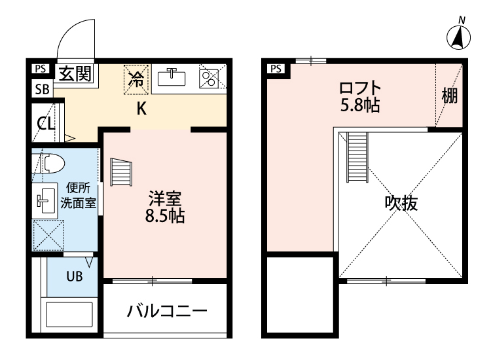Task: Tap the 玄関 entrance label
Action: pyautogui.click(x=75, y=73)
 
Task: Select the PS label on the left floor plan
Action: pyautogui.click(x=41, y=68)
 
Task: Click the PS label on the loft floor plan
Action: pyautogui.click(x=276, y=68)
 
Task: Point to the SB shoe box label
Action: pyautogui.click(x=41, y=90)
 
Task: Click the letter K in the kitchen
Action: pyautogui.click(x=140, y=109)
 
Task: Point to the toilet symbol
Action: pyautogui.click(x=50, y=163)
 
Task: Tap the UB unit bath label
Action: pyautogui.click(x=73, y=276)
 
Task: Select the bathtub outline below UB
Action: pyautogui.click(x=69, y=316)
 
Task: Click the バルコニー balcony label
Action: pyautogui.click(x=166, y=310)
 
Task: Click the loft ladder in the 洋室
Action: pyautogui.click(x=122, y=173)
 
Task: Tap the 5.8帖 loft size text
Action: pyautogui.click(x=359, y=104)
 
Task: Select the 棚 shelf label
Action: pyautogui.click(x=448, y=96)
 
